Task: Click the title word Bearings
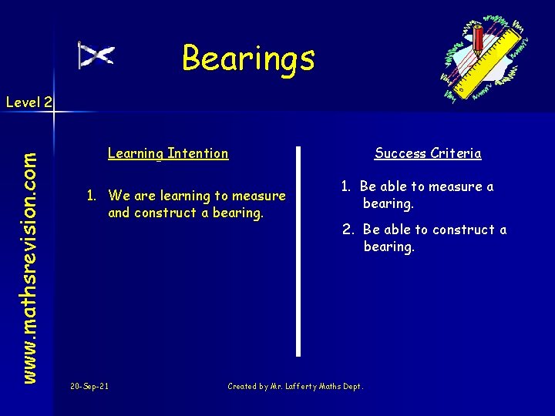point(248,59)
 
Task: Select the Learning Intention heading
point(168,153)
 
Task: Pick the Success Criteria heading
point(428,153)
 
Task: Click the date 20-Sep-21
point(89,386)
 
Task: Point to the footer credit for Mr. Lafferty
point(295,386)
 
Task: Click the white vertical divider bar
point(298,250)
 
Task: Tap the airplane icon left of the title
point(97,55)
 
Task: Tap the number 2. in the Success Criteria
point(348,230)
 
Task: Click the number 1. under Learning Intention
point(92,196)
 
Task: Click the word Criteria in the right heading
point(456,153)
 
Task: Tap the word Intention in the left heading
point(198,153)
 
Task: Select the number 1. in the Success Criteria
point(347,186)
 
